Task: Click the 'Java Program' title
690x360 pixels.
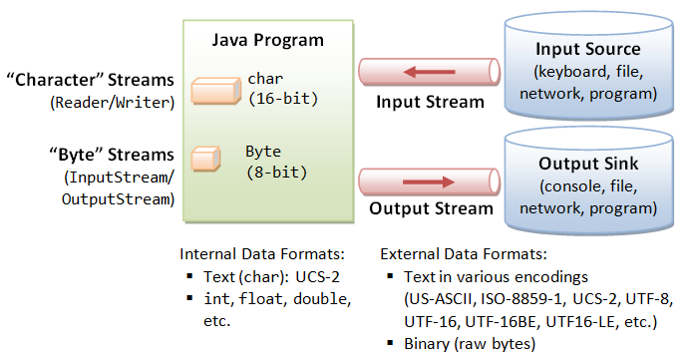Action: [268, 41]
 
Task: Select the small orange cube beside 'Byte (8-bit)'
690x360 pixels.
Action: [205, 159]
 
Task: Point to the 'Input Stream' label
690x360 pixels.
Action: [430, 102]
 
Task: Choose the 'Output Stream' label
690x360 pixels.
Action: [431, 209]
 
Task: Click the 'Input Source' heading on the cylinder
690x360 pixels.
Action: [587, 49]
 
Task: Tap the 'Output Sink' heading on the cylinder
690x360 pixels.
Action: [587, 163]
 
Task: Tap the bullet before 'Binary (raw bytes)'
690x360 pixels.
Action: [391, 344]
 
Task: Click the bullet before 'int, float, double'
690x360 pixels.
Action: [188, 299]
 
